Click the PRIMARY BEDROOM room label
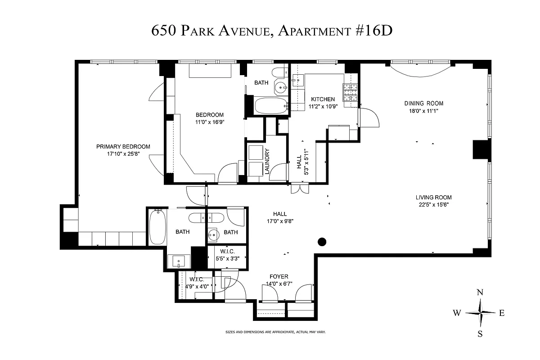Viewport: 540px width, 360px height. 123,147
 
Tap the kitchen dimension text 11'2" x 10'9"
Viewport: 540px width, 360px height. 323,107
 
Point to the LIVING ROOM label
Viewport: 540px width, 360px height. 433,198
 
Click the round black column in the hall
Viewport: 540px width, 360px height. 322,242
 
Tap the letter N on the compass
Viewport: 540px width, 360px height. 480,292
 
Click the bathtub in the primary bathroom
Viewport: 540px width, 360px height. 157,226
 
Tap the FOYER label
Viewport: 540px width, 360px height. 279,277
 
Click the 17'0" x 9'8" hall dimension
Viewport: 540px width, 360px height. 279,221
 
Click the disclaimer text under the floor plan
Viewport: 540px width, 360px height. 275,332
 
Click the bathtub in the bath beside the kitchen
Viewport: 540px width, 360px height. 270,107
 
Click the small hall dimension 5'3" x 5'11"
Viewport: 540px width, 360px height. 306,159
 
